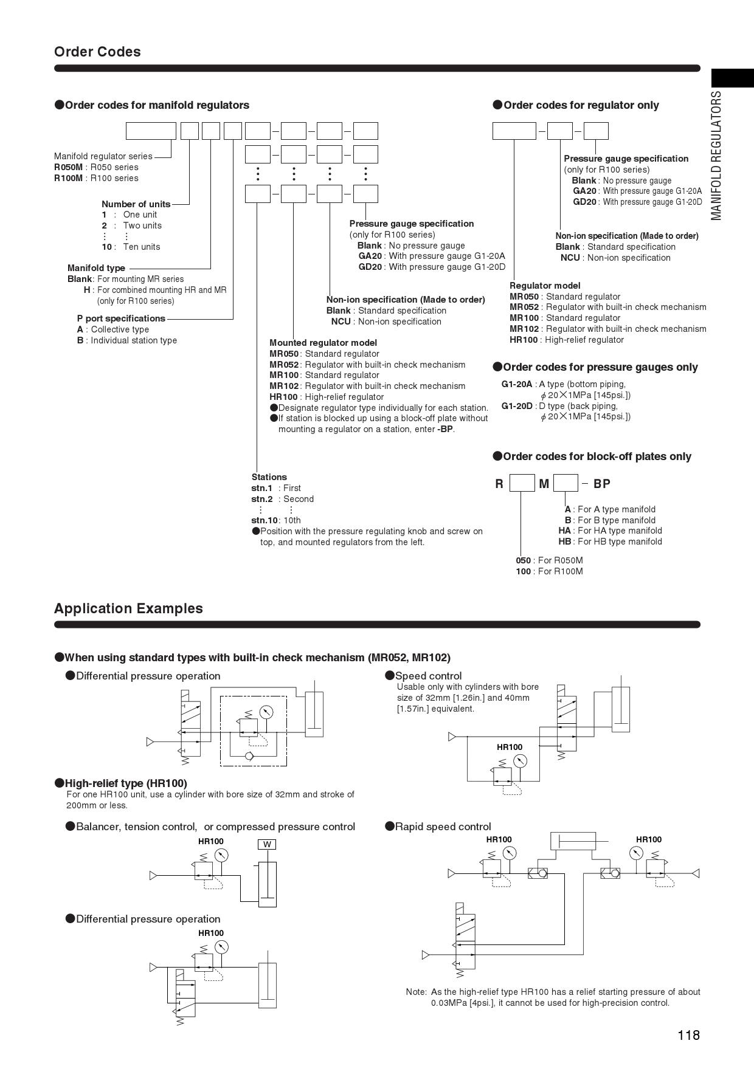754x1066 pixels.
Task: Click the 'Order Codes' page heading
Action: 97,52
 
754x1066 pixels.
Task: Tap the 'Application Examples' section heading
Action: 128,608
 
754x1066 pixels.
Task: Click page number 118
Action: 689,1035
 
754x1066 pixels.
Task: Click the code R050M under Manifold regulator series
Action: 67,167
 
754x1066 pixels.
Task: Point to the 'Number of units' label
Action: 136,204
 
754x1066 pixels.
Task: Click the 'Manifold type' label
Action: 96,268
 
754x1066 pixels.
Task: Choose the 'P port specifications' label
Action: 121,318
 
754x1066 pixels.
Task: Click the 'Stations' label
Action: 269,477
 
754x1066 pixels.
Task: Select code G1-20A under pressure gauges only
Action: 517,384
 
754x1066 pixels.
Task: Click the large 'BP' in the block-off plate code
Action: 601,484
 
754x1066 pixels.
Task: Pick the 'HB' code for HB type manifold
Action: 565,542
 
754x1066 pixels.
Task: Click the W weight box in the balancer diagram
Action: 267,844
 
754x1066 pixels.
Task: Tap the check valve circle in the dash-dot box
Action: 248,757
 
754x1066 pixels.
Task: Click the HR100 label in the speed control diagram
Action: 510,747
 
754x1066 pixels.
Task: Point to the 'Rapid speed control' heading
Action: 443,827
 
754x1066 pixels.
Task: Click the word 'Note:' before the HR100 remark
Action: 417,992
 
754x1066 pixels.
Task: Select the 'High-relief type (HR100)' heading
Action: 126,783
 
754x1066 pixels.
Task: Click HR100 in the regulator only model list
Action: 524,340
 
